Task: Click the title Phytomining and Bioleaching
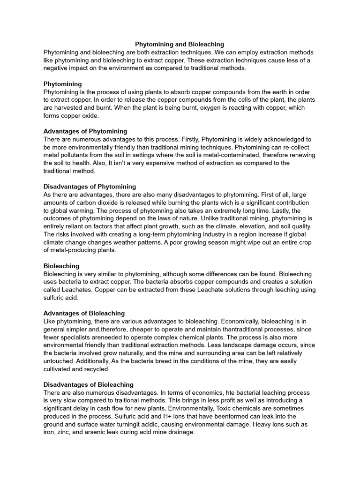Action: tap(180, 44)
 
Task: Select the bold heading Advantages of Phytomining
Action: tap(85, 131)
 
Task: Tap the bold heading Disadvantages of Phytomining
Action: tap(90, 187)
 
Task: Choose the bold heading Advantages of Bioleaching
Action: tap(84, 313)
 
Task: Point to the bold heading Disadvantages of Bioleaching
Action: tap(88, 384)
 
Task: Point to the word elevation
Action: tap(249, 226)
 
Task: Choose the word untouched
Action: tap(58, 361)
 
